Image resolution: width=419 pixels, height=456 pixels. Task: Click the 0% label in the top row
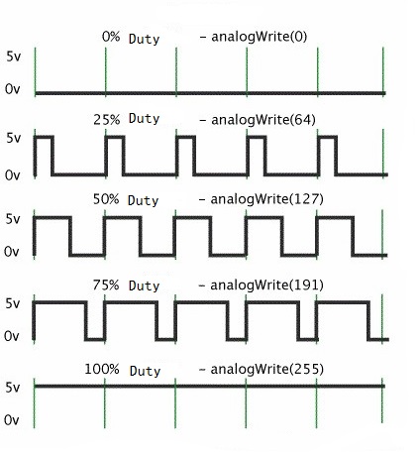[x=111, y=37]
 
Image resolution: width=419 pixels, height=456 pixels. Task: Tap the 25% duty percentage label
[x=106, y=119]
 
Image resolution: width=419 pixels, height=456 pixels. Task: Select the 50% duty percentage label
[x=106, y=199]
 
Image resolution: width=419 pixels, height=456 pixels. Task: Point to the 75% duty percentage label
[x=106, y=285]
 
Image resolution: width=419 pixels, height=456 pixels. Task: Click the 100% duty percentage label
[x=102, y=369]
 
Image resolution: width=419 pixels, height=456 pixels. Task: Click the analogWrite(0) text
[x=260, y=37]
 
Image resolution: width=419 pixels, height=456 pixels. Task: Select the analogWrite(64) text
[x=263, y=120]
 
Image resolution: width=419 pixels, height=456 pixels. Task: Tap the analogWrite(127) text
[x=266, y=199]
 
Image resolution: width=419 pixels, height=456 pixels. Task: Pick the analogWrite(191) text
[x=266, y=285]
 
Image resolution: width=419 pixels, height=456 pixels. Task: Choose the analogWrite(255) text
[x=266, y=369]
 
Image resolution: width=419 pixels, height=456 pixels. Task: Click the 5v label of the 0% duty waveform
[x=14, y=57]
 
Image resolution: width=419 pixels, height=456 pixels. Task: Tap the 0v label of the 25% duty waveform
[x=13, y=175]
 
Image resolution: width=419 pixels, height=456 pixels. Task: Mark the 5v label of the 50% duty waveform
[x=13, y=219]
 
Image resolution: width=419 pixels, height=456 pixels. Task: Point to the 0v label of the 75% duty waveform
[x=12, y=336]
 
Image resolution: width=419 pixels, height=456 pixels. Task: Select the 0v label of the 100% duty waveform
[x=12, y=420]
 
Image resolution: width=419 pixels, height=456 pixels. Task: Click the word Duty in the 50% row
[x=143, y=201]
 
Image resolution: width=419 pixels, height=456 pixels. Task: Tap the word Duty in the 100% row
[x=145, y=371]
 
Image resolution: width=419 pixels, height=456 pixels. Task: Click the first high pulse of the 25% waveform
[x=44, y=137]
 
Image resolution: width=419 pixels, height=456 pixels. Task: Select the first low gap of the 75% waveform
[x=95, y=339]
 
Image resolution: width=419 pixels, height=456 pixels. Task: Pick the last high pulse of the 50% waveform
[x=335, y=217]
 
